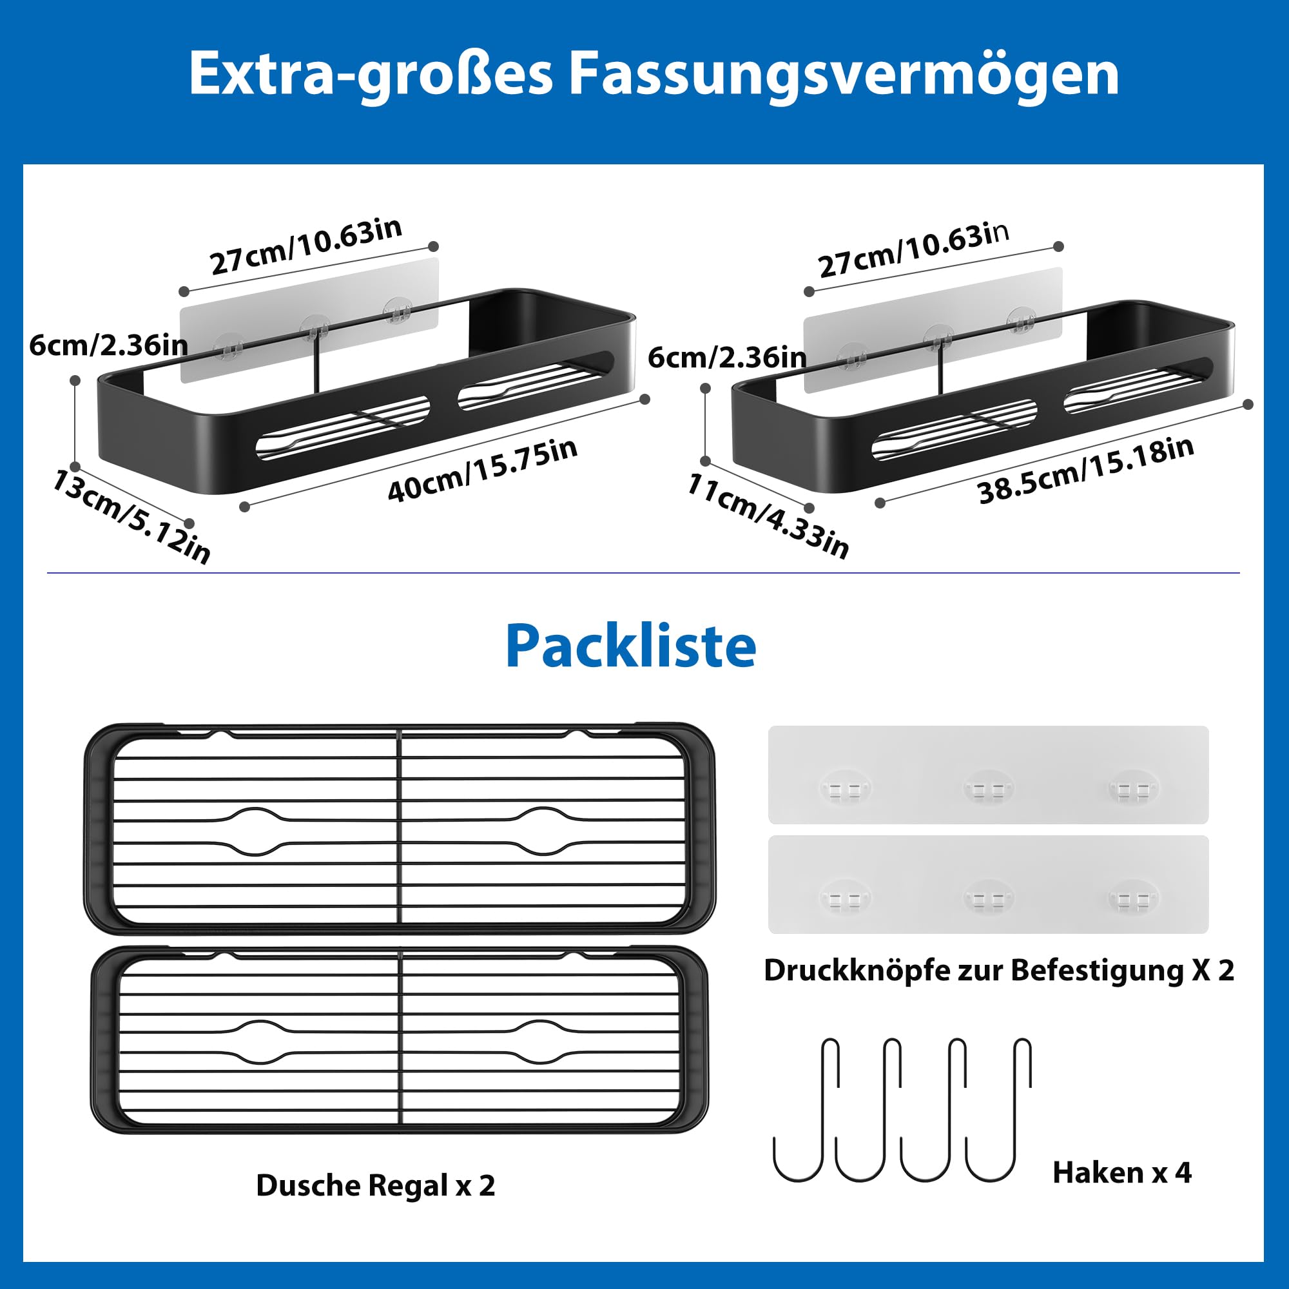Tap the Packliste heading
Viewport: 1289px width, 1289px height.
(630, 646)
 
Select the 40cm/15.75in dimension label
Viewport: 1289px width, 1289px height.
(482, 470)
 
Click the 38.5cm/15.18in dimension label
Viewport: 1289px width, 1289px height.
(1085, 470)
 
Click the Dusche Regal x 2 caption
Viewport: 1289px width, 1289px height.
(376, 1186)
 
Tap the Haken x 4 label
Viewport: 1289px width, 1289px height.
(1121, 1172)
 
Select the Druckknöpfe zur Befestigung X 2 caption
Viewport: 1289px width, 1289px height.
(999, 970)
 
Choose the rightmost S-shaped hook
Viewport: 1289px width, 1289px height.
(999, 1110)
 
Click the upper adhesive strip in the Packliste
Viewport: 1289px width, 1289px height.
(988, 774)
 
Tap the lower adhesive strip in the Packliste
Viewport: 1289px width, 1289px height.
(988, 885)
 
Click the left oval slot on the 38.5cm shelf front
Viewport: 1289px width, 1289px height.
(954, 431)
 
